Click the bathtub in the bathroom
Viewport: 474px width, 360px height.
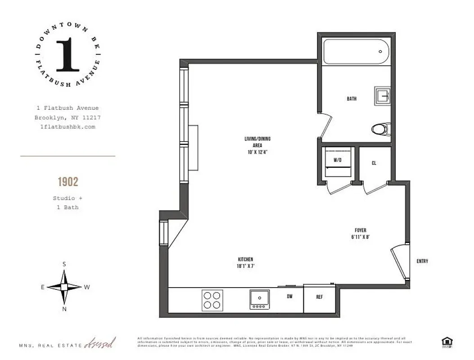356,52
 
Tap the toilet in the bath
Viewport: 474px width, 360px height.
380,129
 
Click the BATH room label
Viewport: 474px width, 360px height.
352,99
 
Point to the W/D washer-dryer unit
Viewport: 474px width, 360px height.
338,163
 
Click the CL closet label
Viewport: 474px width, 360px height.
374,163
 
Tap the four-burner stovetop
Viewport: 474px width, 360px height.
212,300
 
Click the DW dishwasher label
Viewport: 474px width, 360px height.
290,297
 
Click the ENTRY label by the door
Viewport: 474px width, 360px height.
422,261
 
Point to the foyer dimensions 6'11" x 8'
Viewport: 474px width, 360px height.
361,237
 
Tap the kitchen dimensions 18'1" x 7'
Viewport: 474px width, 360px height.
245,266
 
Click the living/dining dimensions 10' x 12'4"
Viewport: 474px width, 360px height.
257,152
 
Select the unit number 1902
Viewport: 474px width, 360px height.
68,182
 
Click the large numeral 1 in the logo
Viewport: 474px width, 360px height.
68,55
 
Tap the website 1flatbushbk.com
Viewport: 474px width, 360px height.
68,127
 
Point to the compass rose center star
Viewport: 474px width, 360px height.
64,287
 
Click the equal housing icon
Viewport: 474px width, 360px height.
447,342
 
